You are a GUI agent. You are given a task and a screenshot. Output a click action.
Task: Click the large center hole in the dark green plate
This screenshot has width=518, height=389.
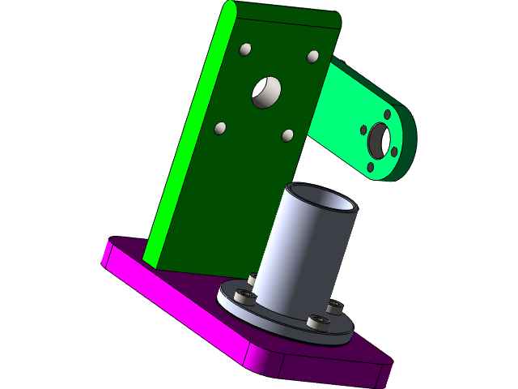[x=265, y=92]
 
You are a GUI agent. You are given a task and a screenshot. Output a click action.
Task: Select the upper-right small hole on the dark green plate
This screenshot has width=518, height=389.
[x=312, y=57]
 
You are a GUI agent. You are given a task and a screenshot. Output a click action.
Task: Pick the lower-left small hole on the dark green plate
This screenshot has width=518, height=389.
[x=219, y=128]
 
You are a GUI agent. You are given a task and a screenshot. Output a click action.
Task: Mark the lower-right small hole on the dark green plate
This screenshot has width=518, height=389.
[x=287, y=135]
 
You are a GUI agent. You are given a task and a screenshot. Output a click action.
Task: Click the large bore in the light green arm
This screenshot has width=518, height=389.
[x=379, y=142]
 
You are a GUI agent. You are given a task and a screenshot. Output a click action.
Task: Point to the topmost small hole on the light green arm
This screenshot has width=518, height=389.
[x=387, y=116]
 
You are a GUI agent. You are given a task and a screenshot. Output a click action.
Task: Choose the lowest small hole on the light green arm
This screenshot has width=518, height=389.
[x=371, y=167]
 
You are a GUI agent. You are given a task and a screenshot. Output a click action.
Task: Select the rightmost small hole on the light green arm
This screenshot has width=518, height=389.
[x=394, y=152]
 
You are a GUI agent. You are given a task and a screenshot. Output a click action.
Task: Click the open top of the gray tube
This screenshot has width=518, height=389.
[x=323, y=199]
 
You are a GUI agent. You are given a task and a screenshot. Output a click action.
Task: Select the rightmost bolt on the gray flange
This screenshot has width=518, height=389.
[x=334, y=307]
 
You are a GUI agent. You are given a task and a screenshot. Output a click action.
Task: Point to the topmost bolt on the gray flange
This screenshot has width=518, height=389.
[x=253, y=280]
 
